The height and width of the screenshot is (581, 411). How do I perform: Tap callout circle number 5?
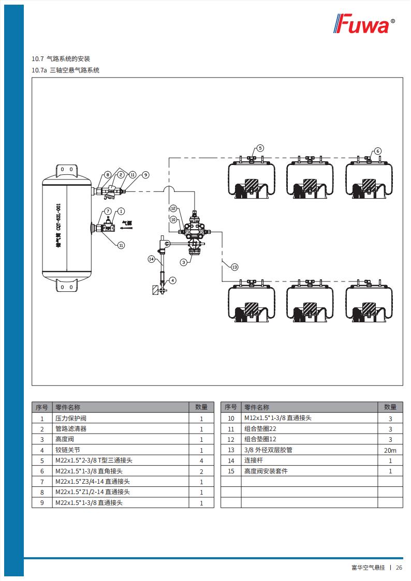260,147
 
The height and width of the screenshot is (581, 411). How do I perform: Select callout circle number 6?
377,151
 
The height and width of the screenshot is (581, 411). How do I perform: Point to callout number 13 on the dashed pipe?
234,267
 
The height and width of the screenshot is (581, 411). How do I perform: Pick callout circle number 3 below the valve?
184,262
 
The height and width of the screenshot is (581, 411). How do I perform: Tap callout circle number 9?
145,175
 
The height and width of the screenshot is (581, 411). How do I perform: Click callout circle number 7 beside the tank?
108,211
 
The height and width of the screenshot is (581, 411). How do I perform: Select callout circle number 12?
174,208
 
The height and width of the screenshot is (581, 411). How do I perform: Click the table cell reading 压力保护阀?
71,419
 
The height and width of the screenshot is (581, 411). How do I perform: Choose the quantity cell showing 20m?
390,450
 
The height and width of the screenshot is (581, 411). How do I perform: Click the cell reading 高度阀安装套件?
266,471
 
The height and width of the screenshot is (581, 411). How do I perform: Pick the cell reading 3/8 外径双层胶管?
268,450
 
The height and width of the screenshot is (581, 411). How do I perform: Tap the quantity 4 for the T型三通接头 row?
201,460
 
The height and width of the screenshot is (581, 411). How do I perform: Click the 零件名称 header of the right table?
257,408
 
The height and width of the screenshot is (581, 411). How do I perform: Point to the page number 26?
399,568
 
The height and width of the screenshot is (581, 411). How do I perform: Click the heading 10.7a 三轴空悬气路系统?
66,70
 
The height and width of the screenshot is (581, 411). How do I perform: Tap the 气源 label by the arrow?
126,224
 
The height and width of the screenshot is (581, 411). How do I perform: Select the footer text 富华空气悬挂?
368,568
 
